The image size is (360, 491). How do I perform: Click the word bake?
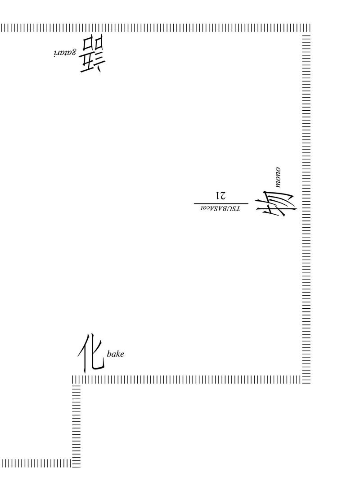115,354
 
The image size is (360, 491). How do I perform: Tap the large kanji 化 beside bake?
91,353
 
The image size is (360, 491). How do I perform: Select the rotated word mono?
277,178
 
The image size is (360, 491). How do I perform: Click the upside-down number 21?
220,195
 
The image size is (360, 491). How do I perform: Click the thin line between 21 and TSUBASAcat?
221,203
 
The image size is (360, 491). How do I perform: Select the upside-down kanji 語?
93,55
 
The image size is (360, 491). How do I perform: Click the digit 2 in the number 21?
223,195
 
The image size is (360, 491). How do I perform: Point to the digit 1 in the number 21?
217,195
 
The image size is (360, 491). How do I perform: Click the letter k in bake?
117,354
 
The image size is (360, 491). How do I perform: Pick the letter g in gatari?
73,52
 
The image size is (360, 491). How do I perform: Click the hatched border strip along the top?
155,27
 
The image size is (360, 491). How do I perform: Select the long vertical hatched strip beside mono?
306,209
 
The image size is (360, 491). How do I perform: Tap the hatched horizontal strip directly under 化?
187,379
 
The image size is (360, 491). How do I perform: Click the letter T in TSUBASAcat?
238,208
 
